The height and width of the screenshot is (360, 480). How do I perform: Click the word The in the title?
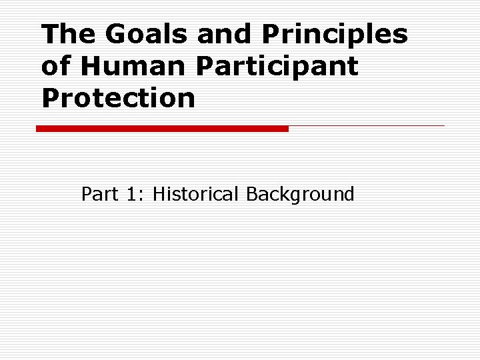tap(62, 34)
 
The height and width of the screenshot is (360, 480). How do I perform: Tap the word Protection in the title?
tap(118, 98)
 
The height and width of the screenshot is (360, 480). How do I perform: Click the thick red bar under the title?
tap(162, 128)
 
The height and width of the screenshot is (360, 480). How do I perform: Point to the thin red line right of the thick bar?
tap(367, 125)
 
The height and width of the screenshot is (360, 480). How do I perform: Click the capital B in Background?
tap(253, 194)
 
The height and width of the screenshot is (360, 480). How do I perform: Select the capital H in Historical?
tap(159, 194)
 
